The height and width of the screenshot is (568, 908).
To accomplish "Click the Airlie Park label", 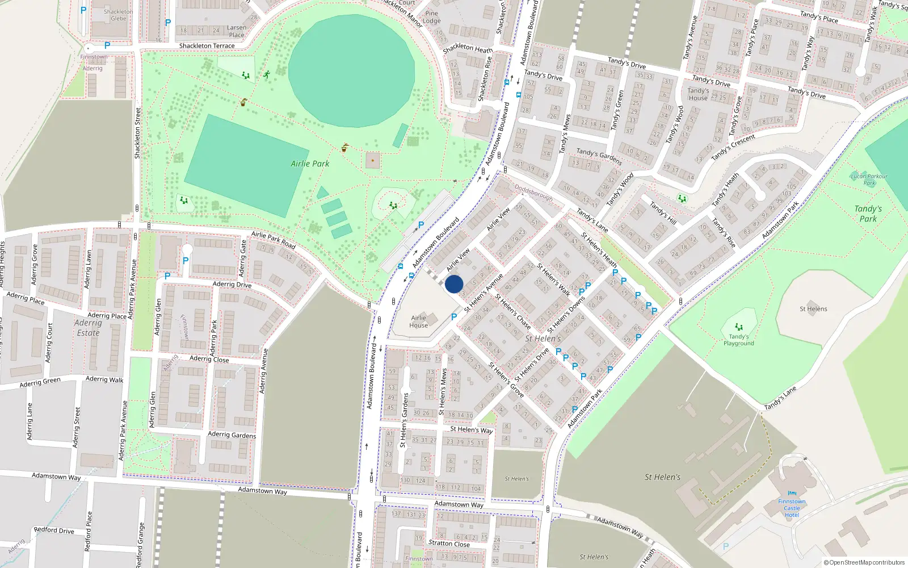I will pos(310,164).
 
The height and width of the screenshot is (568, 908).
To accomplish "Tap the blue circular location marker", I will pos(454,284).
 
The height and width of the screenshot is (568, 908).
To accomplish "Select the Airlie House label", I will pos(419,321).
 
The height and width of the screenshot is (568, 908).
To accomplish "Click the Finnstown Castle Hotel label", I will pos(792,508).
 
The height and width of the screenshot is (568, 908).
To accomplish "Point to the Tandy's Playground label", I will pos(738,340).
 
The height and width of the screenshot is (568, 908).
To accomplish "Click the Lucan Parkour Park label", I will pos(869,179).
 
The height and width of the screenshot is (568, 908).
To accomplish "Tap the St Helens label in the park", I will pos(813,309).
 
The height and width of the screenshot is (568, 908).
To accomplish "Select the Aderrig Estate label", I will pos(88,328).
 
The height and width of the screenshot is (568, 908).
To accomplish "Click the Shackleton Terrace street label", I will pos(207,46).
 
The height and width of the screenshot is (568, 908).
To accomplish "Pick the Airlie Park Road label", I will pos(274,240).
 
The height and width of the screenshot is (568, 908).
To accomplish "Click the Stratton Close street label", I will pos(449,544).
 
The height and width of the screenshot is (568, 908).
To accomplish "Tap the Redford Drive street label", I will pos(54,530).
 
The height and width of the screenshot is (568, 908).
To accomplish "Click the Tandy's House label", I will pos(698,94).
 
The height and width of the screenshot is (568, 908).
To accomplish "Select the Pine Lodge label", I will pos(431,17).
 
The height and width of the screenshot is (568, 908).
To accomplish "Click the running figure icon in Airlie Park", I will pos(266,74).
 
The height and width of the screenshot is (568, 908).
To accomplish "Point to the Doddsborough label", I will pos(533,192).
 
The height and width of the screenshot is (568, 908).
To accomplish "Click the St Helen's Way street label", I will pos(472,430).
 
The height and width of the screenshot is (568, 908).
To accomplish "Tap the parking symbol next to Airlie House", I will pos(454,317).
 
